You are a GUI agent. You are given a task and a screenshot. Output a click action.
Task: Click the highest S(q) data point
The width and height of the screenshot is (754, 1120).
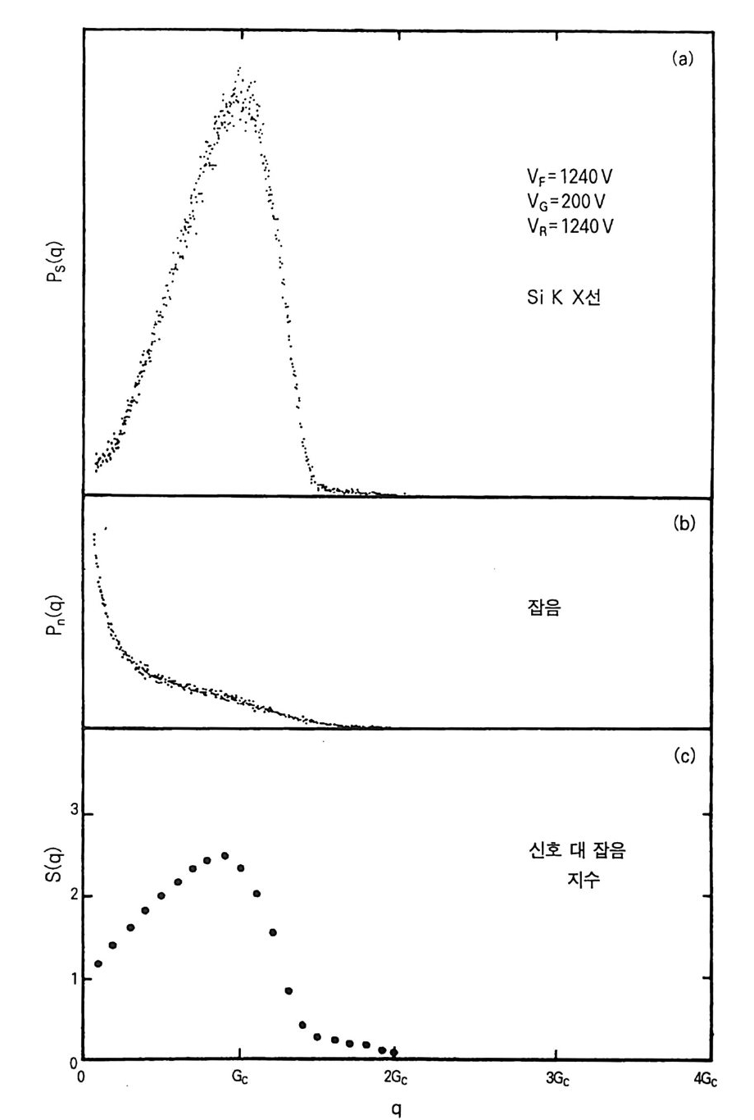click(x=224, y=855)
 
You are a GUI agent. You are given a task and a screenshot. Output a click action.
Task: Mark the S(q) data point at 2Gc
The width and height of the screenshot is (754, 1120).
click(x=395, y=1052)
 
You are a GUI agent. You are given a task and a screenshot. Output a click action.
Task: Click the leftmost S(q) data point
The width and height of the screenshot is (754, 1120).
click(x=98, y=963)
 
